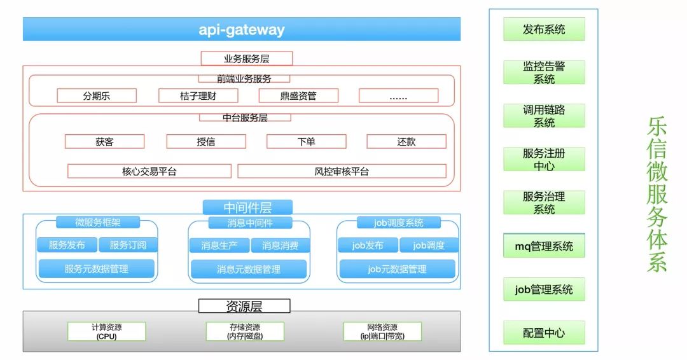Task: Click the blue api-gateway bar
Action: click(x=241, y=29)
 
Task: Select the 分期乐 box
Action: click(x=97, y=96)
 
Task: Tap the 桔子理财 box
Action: click(x=198, y=96)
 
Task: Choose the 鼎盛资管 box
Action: click(x=298, y=96)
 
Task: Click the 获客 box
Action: click(x=104, y=141)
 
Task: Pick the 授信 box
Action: click(x=206, y=141)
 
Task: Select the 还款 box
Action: click(x=406, y=141)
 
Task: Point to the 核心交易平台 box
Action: click(x=149, y=171)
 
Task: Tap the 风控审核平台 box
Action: click(x=342, y=171)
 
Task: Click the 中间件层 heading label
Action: click(x=247, y=207)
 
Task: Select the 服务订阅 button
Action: click(x=128, y=245)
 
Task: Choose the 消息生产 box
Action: click(x=219, y=246)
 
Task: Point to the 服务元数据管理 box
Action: click(x=96, y=268)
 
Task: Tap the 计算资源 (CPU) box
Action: click(x=106, y=331)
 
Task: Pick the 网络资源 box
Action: click(x=382, y=331)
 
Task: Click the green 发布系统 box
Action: click(x=544, y=29)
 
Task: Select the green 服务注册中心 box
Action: click(x=544, y=160)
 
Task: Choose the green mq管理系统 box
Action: click(x=544, y=247)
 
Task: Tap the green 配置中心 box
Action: click(x=544, y=333)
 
